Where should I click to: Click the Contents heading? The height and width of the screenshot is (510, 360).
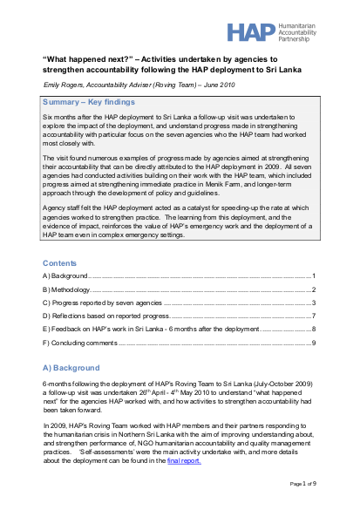(63, 262)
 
